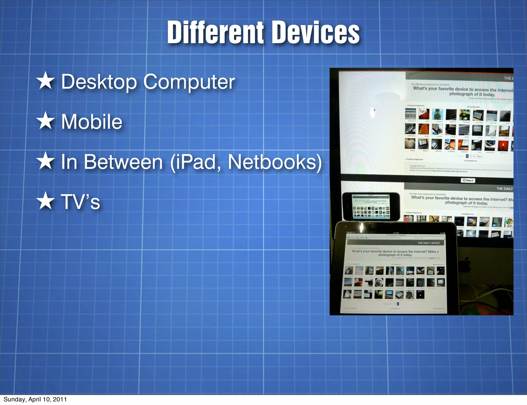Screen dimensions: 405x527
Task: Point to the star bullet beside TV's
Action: pos(46,201)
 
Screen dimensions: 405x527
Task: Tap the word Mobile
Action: pos(92,122)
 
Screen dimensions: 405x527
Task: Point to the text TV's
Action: pos(80,201)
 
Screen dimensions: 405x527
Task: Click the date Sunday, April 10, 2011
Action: pos(35,399)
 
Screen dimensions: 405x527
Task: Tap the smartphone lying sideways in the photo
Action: pos(371,207)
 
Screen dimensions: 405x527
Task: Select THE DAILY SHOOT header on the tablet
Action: pos(429,243)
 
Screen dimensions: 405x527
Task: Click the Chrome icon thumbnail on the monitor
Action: pos(509,222)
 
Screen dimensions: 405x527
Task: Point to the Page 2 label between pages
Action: pos(468,180)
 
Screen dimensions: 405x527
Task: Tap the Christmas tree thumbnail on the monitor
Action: pos(437,114)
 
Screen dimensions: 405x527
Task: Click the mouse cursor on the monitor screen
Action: pos(375,110)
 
